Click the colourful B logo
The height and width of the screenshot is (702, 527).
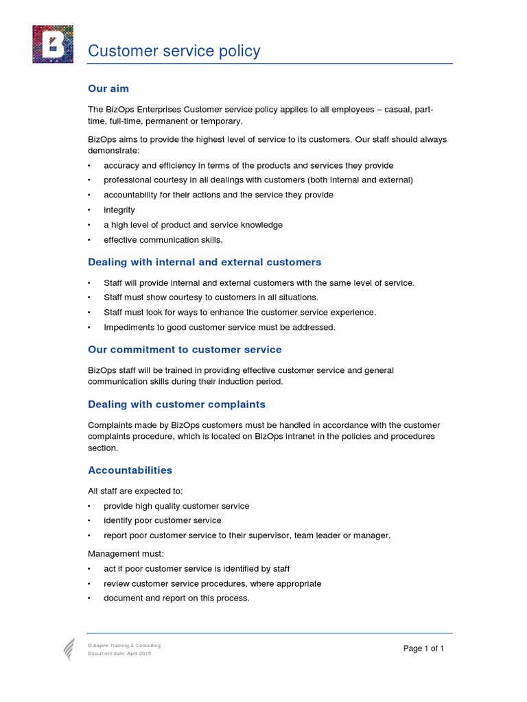coord(53,45)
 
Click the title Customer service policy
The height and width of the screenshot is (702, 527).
coord(174,51)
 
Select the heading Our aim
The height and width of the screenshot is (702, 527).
coord(108,88)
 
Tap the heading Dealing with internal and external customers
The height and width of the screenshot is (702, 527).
coord(204,262)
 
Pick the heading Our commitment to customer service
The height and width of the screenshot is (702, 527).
coord(185,350)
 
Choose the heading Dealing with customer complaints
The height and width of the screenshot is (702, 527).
coord(176,404)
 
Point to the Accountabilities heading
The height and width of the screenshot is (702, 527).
coord(130,470)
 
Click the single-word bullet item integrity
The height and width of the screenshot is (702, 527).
coord(119,210)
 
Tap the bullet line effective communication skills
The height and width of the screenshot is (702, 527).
coord(163,240)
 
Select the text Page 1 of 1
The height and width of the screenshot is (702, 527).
coord(423,649)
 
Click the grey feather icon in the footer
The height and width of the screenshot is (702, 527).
coord(69,649)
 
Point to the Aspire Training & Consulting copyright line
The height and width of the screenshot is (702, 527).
coord(124,646)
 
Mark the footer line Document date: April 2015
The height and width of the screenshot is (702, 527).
coord(119,653)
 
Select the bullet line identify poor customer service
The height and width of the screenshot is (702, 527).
coord(163,521)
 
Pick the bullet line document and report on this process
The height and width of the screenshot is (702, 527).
coord(176,598)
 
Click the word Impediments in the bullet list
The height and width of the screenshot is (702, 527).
coord(127,328)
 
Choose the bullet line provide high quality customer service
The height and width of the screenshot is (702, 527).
coord(176,506)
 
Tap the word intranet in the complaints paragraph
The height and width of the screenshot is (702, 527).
coord(312,436)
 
